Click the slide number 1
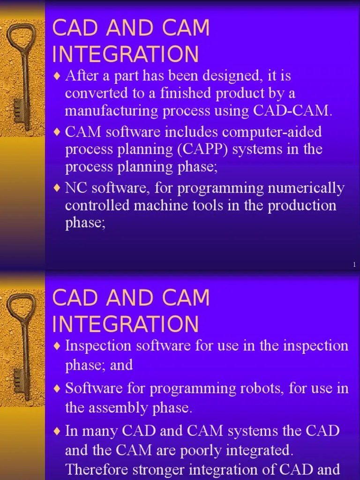(x=354, y=265)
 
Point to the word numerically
(x=299, y=188)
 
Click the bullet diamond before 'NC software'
(x=57, y=188)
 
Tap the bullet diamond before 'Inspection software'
(x=57, y=346)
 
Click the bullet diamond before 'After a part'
(x=57, y=76)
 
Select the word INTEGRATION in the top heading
(x=126, y=54)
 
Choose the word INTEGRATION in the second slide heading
(x=126, y=324)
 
